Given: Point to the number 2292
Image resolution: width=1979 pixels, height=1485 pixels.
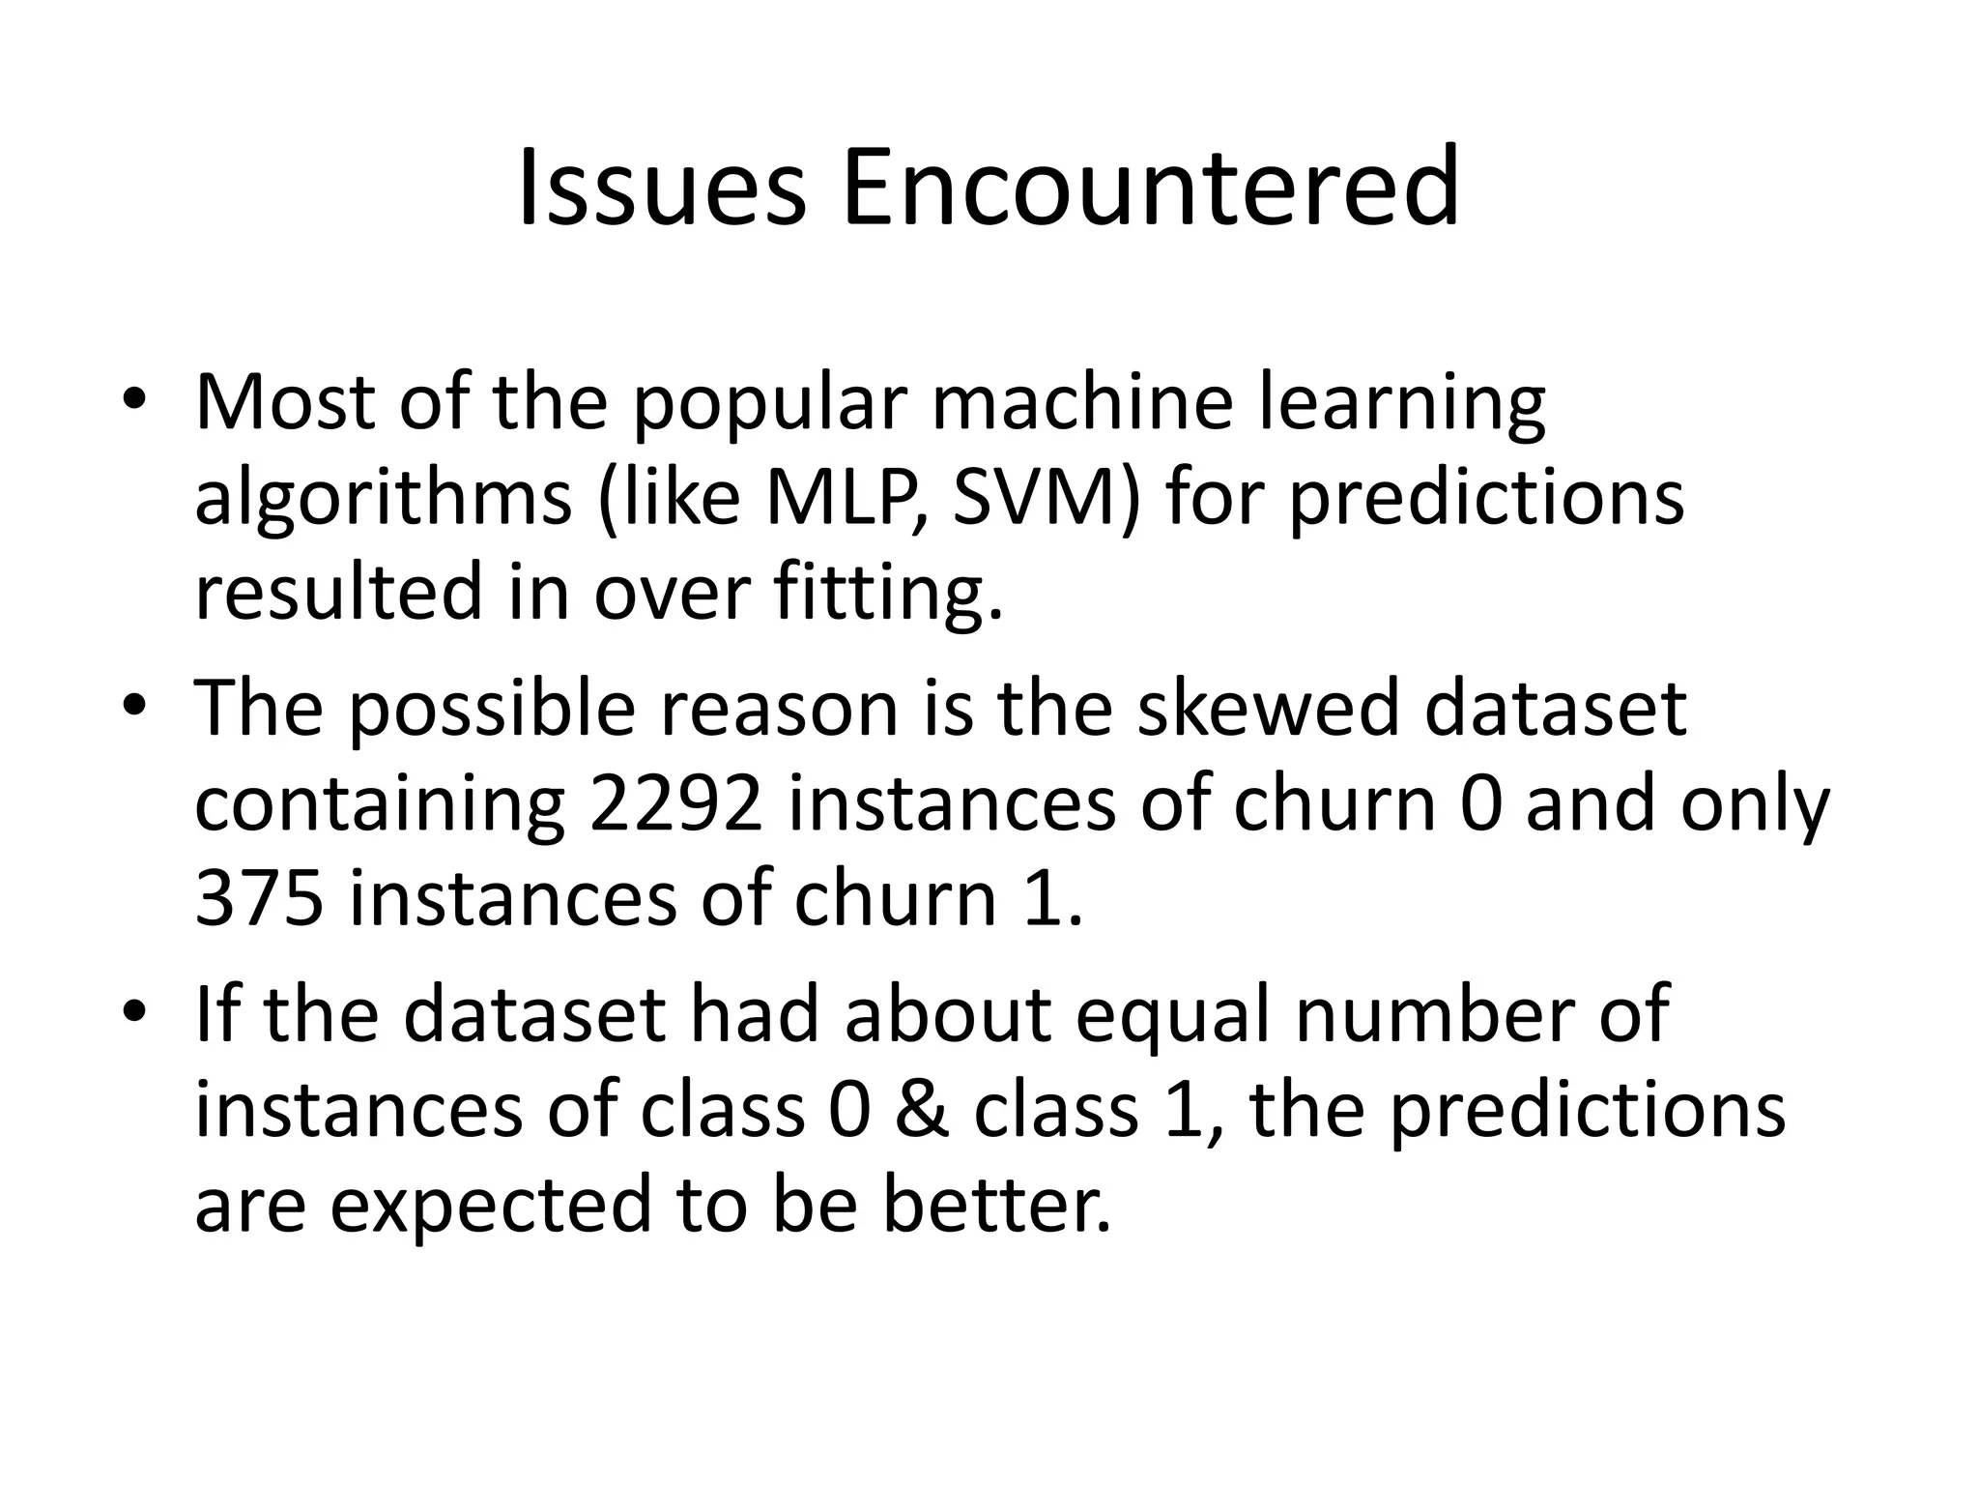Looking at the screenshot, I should pos(676,804).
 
